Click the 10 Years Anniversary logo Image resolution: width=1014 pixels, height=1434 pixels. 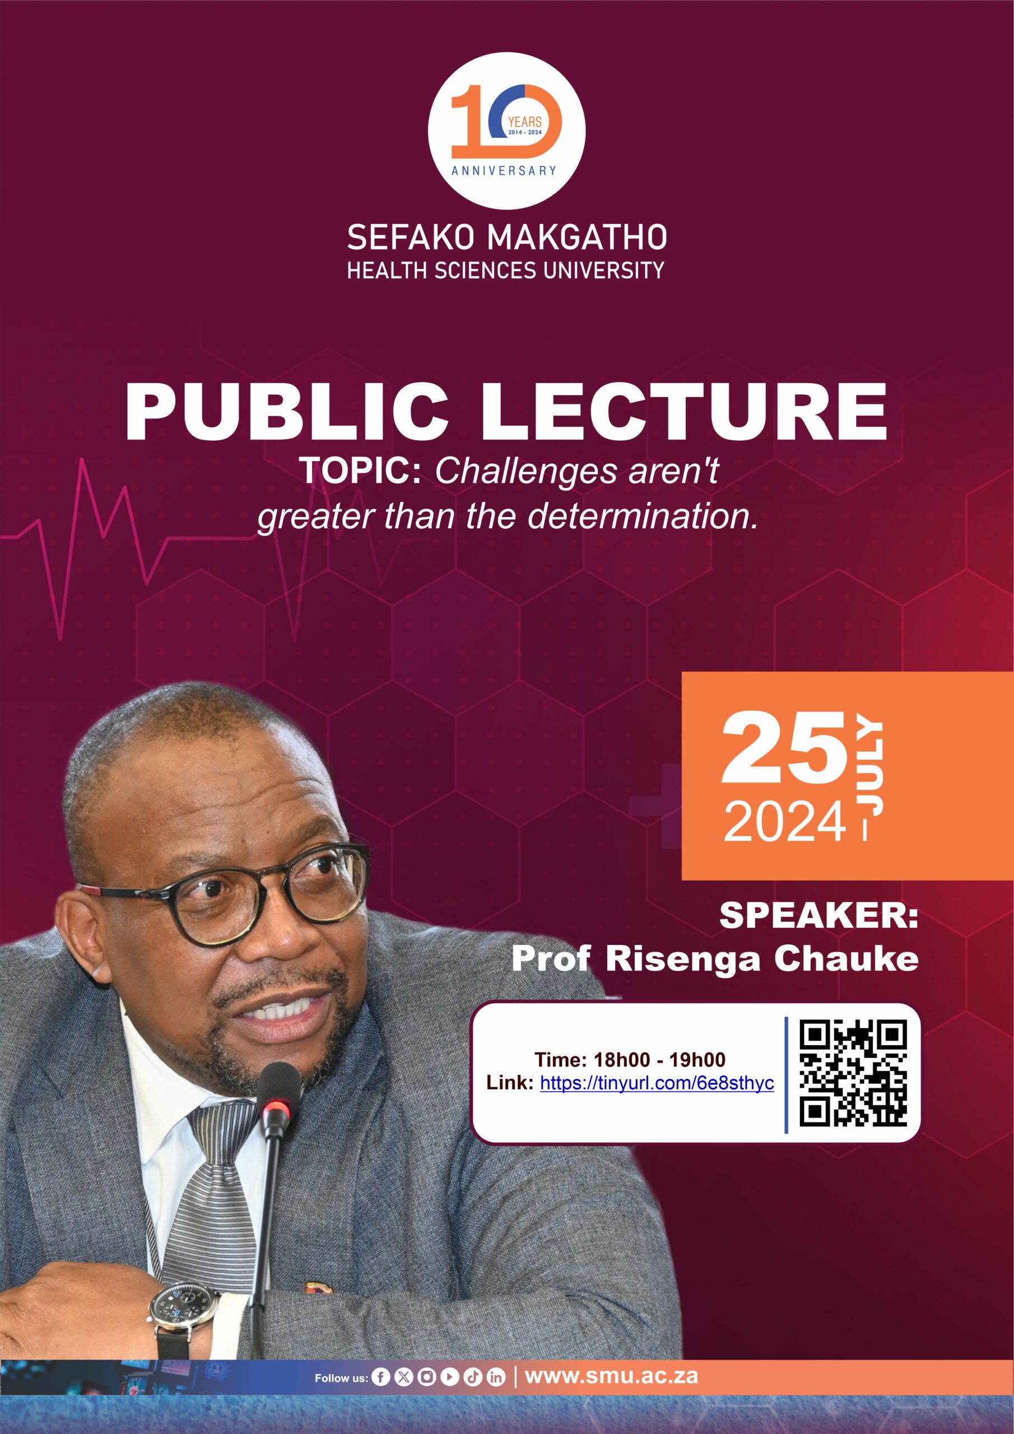(x=506, y=131)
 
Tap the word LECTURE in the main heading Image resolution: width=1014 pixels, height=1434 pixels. (x=683, y=413)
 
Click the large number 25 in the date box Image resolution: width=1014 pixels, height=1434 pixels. (x=785, y=748)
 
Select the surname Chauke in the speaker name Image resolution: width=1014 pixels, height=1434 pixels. (x=846, y=958)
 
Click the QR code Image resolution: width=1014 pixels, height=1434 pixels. (x=853, y=1072)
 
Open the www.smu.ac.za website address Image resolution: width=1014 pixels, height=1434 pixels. (x=611, y=1376)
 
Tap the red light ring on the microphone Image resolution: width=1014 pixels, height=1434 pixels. (x=276, y=1108)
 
